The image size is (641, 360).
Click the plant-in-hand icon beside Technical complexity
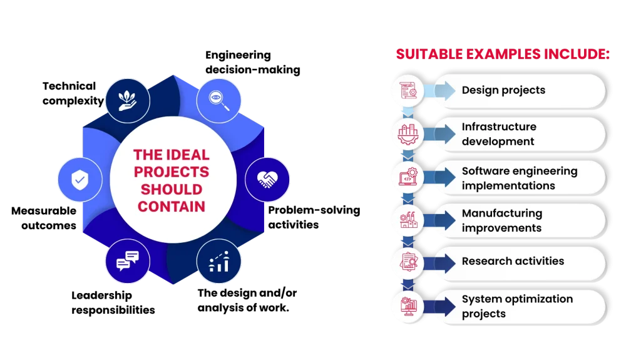[128, 101]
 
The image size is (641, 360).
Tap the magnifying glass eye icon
[218, 101]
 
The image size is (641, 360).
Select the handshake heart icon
[267, 179]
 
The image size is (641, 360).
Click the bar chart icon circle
[218, 262]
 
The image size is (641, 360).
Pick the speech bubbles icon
[128, 261]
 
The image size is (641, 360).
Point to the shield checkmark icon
[79, 180]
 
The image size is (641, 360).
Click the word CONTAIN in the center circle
[172, 207]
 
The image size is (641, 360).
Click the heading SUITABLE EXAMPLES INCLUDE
[503, 54]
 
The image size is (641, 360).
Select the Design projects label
[503, 90]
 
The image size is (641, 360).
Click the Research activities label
[513, 261]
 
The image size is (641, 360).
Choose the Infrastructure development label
[499, 134]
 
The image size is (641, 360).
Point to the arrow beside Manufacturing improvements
[439, 220]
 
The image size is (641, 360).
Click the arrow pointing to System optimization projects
[439, 306]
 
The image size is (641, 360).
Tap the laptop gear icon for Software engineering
[408, 177]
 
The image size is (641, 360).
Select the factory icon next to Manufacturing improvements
[408, 220]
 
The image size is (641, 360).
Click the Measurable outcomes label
[44, 218]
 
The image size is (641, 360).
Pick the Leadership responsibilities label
[113, 303]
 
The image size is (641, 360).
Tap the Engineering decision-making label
[253, 62]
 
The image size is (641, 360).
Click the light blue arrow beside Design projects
[439, 90]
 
